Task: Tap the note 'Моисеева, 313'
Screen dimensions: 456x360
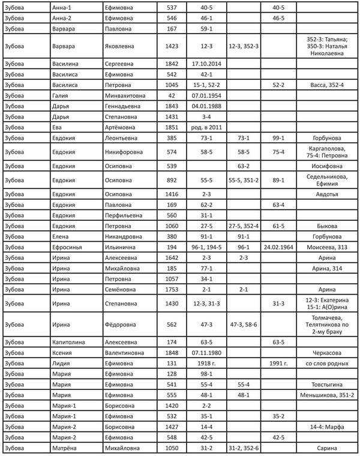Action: click(x=327, y=247)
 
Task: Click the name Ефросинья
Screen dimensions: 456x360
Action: click(x=68, y=247)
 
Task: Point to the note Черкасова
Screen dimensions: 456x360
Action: click(x=327, y=352)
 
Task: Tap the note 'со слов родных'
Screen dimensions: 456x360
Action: click(x=327, y=363)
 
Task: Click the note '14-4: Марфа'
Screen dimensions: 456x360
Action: click(x=327, y=427)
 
